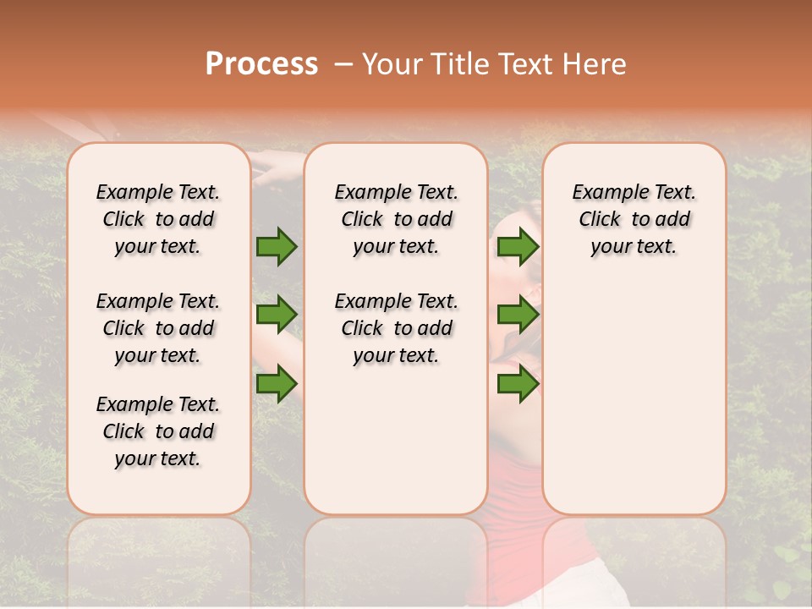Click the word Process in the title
[x=261, y=64]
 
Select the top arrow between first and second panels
[x=277, y=247]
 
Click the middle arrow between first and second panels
[x=277, y=315]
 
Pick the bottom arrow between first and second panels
[x=277, y=383]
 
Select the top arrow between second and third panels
[x=518, y=247]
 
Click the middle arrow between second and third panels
[x=518, y=315]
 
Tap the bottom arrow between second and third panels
[x=518, y=383]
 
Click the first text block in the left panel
[x=158, y=219]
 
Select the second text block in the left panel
[x=158, y=328]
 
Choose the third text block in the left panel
[x=158, y=431]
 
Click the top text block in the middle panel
[x=396, y=219]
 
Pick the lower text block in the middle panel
[x=396, y=328]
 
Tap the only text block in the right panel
[x=634, y=219]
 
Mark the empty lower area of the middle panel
[x=396, y=440]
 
